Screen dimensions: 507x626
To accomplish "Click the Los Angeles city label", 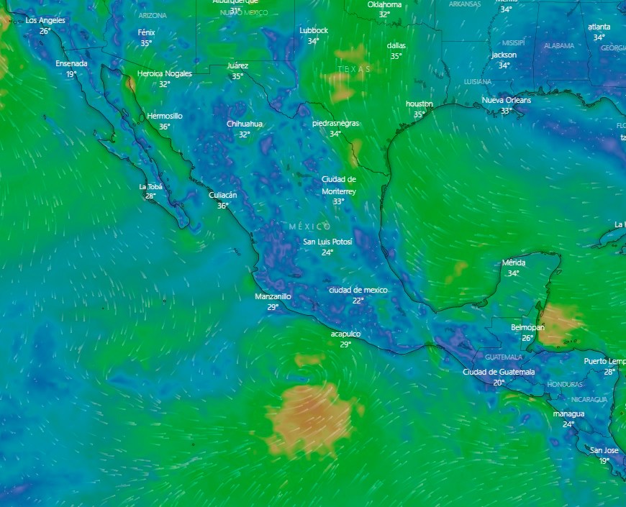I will (x=45, y=20).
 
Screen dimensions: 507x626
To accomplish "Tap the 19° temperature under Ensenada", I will (x=71, y=74).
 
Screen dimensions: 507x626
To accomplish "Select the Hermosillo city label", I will (x=165, y=116).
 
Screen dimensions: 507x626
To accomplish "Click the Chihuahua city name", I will (x=245, y=124).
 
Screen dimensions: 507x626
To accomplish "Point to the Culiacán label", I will (x=222, y=195).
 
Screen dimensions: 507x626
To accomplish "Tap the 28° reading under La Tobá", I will (x=150, y=196).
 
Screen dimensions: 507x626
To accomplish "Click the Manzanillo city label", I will (x=273, y=296).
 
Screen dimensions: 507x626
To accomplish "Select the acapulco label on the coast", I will (x=345, y=334).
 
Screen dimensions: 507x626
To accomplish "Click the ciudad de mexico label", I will (x=358, y=290).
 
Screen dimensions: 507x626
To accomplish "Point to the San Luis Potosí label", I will (x=327, y=242).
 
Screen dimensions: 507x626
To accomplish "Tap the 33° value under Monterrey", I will (x=338, y=201).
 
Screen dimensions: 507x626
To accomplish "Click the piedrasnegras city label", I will (x=335, y=123).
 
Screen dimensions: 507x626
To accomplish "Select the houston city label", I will (x=419, y=104).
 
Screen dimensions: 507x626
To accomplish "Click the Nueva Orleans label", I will (x=506, y=100).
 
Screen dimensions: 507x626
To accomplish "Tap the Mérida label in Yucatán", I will (x=514, y=262).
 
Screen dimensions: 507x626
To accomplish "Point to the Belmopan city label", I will (x=527, y=327).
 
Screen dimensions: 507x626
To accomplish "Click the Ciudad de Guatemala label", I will (x=499, y=372).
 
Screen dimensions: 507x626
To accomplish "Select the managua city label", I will (x=568, y=414).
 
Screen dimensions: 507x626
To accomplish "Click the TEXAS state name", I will (x=354, y=69).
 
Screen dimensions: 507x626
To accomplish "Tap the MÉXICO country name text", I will (x=310, y=226).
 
